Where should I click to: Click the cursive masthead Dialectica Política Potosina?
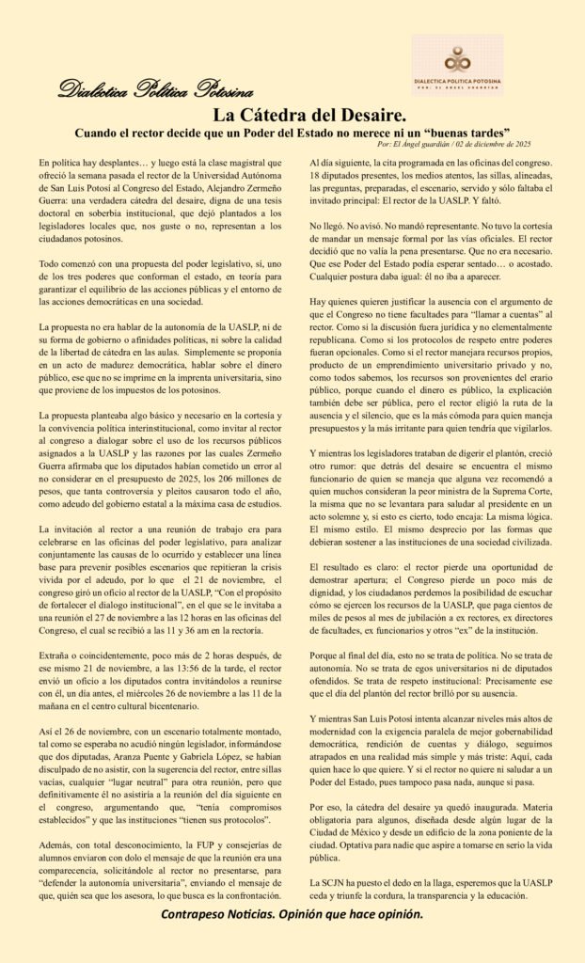coord(155,90)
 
